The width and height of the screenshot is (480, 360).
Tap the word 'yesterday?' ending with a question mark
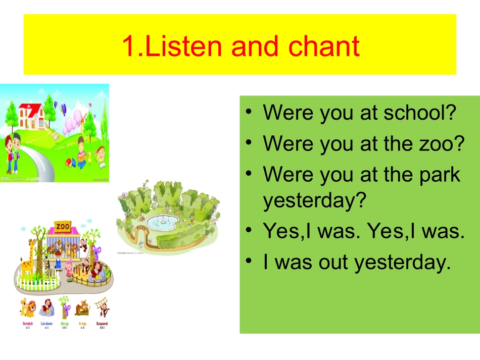click(x=314, y=201)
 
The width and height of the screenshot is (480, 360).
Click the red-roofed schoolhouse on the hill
click(x=31, y=116)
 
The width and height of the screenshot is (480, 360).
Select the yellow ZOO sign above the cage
click(x=64, y=226)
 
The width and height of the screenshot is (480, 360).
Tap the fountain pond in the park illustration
click(x=163, y=221)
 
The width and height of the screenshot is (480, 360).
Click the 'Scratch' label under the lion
click(x=27, y=324)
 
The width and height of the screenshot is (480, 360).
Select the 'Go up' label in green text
click(x=64, y=324)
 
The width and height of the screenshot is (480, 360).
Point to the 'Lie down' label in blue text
click(x=45, y=324)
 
